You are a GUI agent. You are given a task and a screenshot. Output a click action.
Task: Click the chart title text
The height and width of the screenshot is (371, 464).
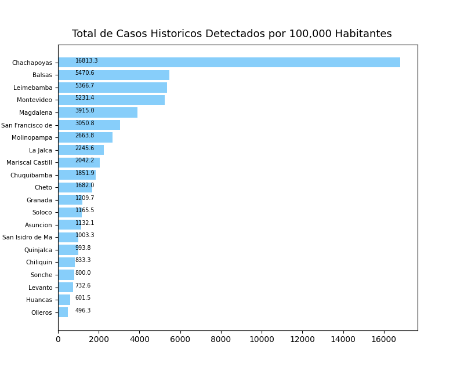tap(232, 34)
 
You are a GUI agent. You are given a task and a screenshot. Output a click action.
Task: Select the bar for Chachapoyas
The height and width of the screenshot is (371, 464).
tap(229, 63)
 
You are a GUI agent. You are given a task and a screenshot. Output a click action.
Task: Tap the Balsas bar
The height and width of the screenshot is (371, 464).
tap(114, 75)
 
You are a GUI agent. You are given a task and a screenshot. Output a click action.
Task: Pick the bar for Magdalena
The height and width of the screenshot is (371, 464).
tap(97, 112)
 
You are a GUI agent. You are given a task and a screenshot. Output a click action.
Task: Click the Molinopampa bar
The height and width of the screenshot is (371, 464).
tap(85, 137)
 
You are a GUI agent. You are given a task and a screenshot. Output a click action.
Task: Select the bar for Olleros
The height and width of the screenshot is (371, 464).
tap(63, 312)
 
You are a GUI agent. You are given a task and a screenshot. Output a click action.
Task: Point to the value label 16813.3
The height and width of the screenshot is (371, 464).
tap(86, 61)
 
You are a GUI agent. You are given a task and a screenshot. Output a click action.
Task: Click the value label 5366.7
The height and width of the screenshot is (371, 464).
tap(85, 86)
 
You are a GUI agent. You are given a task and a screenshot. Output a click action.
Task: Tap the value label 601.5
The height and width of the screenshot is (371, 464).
tap(83, 298)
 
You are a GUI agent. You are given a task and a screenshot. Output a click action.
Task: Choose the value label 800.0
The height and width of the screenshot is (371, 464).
tap(83, 273)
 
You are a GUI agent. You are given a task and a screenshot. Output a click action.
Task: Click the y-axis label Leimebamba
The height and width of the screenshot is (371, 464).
tap(32, 88)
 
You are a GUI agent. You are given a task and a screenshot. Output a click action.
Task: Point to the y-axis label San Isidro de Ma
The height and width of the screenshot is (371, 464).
tap(27, 237)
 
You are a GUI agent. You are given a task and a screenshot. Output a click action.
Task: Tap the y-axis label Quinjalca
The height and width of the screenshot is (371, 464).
tap(38, 250)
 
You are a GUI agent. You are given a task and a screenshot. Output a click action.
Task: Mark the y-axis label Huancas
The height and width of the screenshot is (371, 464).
tap(39, 300)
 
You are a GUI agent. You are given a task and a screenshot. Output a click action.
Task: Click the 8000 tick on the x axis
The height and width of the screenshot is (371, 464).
tap(221, 339)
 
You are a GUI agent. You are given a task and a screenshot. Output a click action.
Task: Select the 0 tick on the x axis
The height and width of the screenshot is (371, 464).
tap(58, 339)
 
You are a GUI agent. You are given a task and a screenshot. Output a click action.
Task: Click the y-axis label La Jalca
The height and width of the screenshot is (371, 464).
tap(41, 150)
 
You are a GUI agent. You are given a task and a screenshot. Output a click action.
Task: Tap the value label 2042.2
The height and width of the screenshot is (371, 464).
tap(85, 161)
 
